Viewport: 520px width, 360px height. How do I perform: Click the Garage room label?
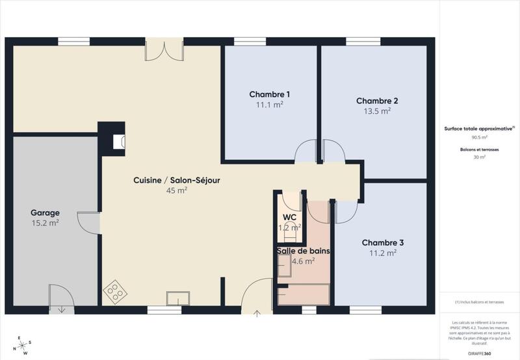pyautogui.click(x=45, y=212)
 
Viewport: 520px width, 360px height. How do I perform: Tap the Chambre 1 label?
pyautogui.click(x=270, y=94)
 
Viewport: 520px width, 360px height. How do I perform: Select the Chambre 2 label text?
pyautogui.click(x=377, y=101)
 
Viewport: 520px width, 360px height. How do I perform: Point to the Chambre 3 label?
pyautogui.click(x=383, y=242)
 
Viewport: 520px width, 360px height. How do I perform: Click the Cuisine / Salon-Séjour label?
pyautogui.click(x=177, y=180)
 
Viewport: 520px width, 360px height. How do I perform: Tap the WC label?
pyautogui.click(x=289, y=217)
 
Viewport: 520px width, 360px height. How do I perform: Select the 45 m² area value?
pyautogui.click(x=177, y=190)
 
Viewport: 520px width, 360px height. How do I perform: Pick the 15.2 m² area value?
pyautogui.click(x=45, y=223)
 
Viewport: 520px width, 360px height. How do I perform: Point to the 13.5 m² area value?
pyautogui.click(x=377, y=111)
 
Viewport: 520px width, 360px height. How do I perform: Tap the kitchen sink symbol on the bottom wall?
pyautogui.click(x=177, y=298)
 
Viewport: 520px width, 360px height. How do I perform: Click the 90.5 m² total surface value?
pyautogui.click(x=480, y=138)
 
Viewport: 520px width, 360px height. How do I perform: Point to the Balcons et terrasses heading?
pyautogui.click(x=480, y=149)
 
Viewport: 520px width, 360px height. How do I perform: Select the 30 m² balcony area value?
pyautogui.click(x=480, y=157)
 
